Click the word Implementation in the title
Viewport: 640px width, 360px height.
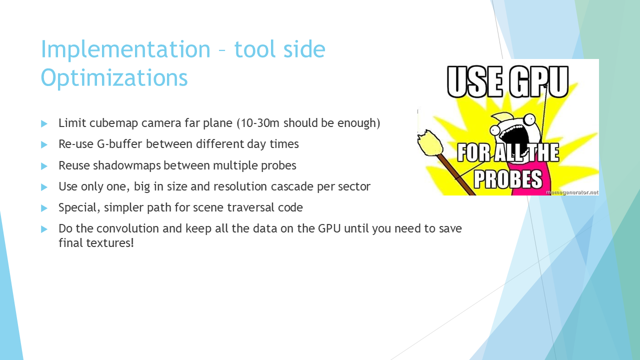125,49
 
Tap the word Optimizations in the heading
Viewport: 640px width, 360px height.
114,77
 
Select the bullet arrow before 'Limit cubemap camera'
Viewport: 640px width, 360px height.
44,123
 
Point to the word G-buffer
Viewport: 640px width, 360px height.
119,144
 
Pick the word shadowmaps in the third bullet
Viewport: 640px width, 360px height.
127,165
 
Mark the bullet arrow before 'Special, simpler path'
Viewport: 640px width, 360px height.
44,208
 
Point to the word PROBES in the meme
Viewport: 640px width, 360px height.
508,179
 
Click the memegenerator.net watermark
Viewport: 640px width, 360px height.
572,192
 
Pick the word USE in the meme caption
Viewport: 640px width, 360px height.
475,81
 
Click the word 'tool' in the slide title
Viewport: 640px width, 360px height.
252,49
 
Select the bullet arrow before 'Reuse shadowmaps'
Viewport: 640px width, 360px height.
44,165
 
